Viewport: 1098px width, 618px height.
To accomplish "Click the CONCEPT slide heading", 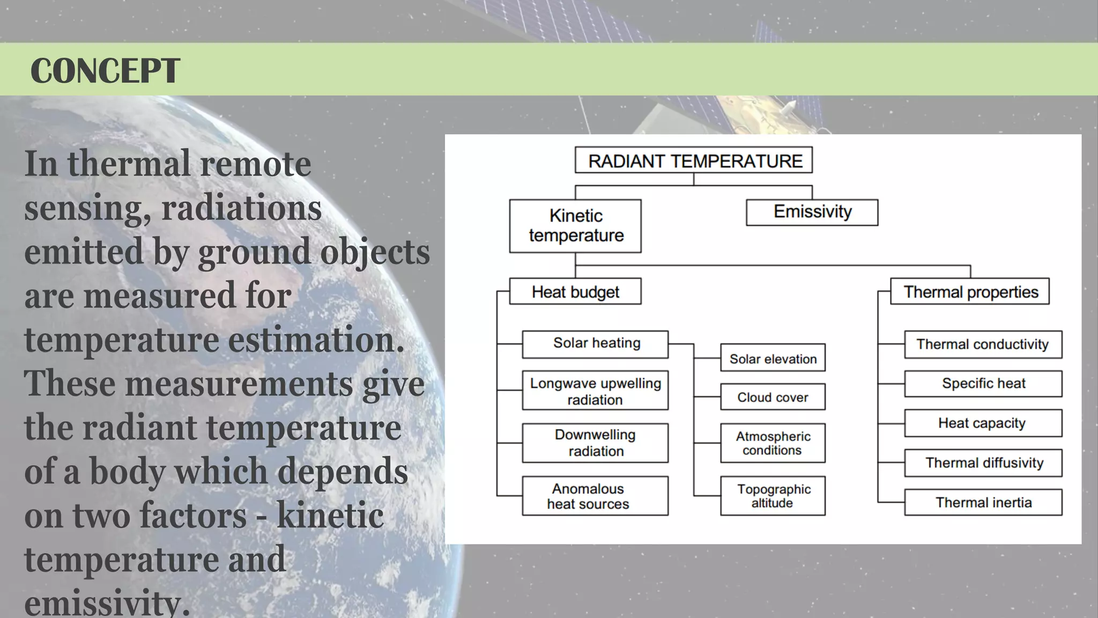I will [105, 70].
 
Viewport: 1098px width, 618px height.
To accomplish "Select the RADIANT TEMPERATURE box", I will [693, 160].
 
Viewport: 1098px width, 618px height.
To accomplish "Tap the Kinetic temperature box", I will [575, 226].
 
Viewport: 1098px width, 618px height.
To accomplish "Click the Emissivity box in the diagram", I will [812, 212].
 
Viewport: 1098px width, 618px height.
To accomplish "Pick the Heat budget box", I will [575, 291].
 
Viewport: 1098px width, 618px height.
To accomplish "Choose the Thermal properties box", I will [970, 291].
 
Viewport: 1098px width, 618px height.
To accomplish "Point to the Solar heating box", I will [595, 344].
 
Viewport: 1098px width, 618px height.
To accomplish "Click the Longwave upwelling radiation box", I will [595, 391].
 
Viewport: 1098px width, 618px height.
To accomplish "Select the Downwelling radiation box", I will [595, 443].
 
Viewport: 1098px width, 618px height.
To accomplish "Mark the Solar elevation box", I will [773, 358].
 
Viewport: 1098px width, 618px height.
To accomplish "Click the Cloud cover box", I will [773, 397].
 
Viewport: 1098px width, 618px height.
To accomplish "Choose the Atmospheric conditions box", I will [773, 443].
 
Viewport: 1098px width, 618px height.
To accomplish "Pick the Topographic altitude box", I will [773, 496].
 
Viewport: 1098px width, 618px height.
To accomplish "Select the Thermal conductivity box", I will [983, 344].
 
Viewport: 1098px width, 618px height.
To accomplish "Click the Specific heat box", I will [983, 384].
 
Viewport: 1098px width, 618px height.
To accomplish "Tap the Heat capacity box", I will [983, 423].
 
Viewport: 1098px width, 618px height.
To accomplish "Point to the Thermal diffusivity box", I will [983, 463].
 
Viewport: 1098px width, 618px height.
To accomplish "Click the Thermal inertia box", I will [983, 503].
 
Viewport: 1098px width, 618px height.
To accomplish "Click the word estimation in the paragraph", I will [316, 340].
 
